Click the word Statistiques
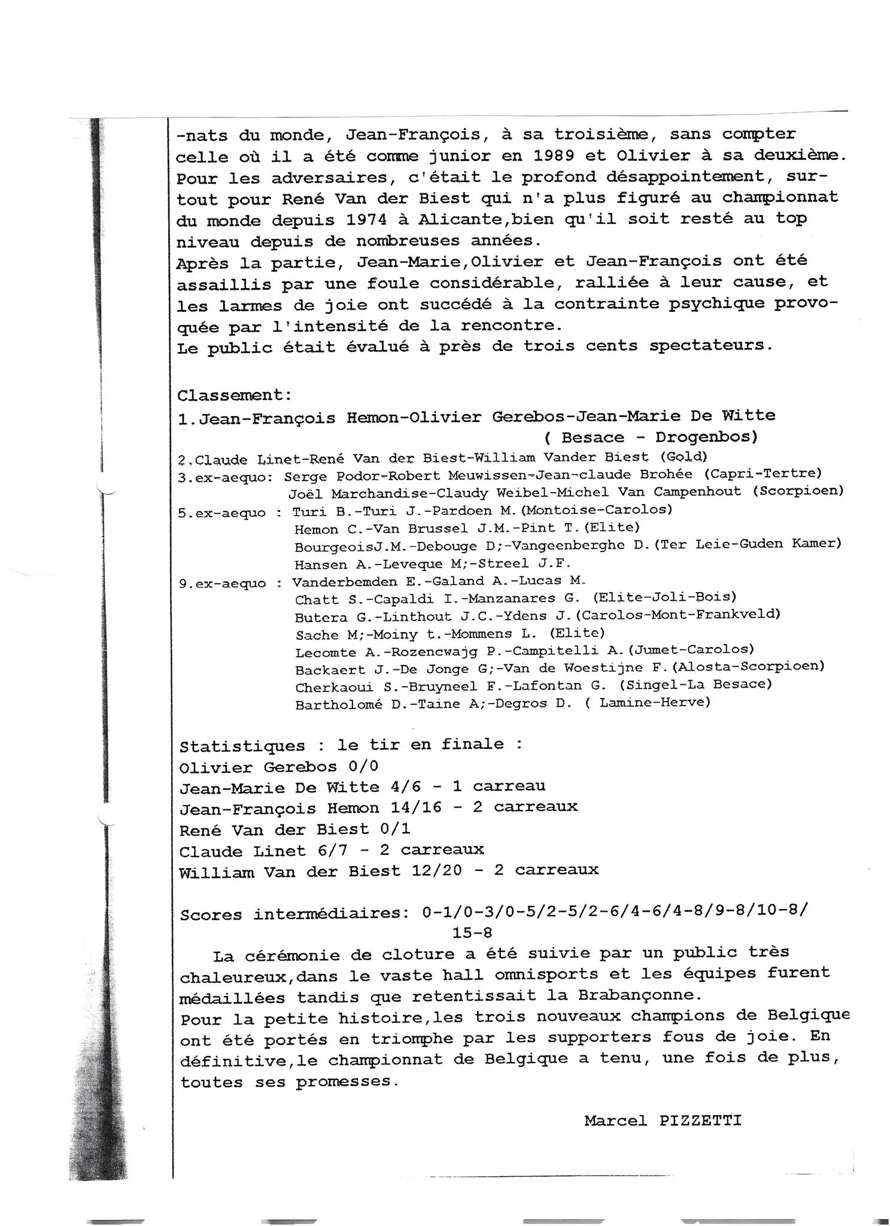pyautogui.click(x=242, y=746)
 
